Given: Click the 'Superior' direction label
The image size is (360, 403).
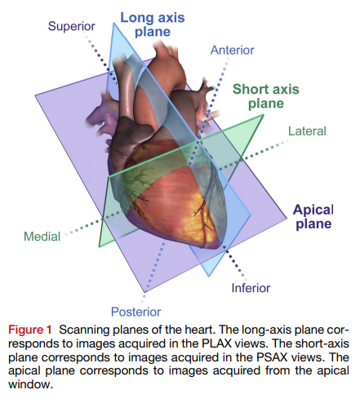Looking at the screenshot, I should point(72,26).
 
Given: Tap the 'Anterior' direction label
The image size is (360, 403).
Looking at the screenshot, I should point(233,51).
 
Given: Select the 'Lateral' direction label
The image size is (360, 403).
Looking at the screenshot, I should point(307,131).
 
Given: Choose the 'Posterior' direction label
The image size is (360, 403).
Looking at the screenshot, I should point(135,310).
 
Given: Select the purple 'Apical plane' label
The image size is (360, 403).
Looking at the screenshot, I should point(313,215).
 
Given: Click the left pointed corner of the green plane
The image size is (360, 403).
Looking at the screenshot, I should point(100,244).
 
